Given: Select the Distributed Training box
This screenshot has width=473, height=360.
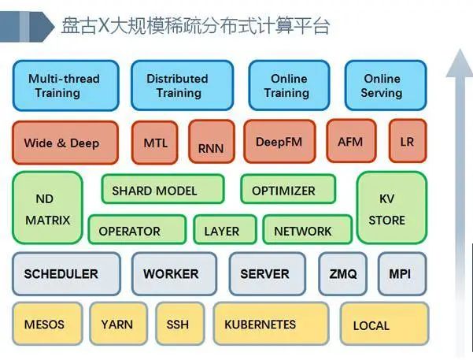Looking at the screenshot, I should (x=178, y=86).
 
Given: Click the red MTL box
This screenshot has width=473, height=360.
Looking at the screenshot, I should (x=155, y=143).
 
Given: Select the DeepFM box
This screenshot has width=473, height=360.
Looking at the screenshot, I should (x=279, y=143).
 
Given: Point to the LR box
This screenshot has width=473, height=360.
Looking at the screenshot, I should (x=407, y=143).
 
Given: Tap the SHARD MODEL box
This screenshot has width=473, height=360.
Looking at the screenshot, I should (x=162, y=191).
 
